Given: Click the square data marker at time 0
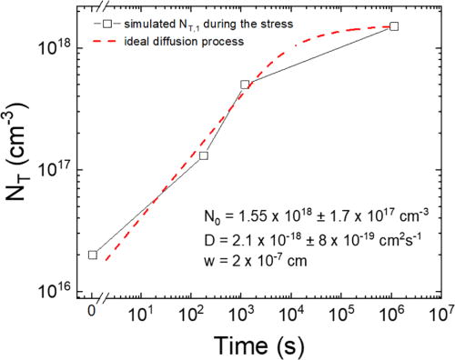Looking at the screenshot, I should coord(93,255).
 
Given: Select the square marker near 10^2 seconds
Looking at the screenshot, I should coord(204,155).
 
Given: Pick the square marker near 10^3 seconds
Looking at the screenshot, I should coord(245,85).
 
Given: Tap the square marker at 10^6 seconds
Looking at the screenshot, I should coord(393,26).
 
